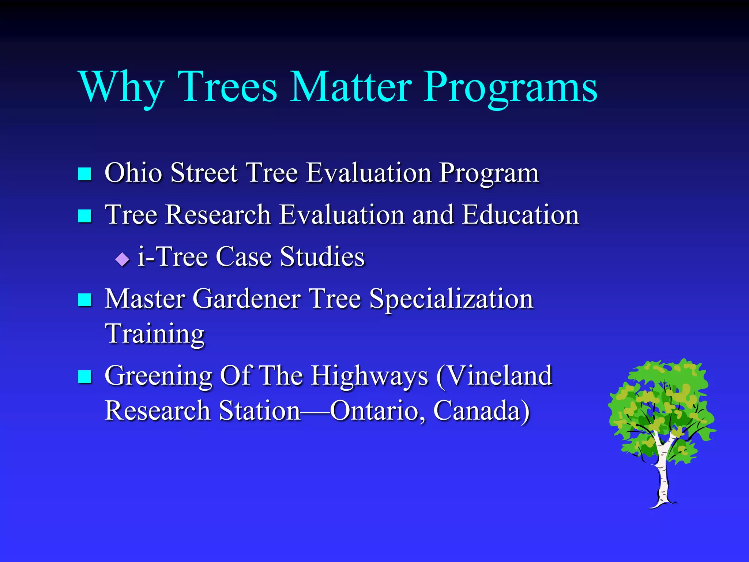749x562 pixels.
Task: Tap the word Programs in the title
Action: tap(511, 88)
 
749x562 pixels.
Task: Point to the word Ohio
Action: tap(133, 172)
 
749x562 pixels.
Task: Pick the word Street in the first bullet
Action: tap(204, 172)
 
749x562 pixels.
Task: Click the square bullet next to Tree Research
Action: tap(84, 216)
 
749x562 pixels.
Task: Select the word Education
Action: tap(520, 214)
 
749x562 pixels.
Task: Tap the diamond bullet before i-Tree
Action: tap(122, 259)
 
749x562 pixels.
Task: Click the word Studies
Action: tap(322, 256)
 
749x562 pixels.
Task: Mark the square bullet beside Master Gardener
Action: tap(84, 300)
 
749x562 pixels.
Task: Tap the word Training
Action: tap(155, 334)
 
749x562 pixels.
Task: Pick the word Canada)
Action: tap(481, 411)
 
